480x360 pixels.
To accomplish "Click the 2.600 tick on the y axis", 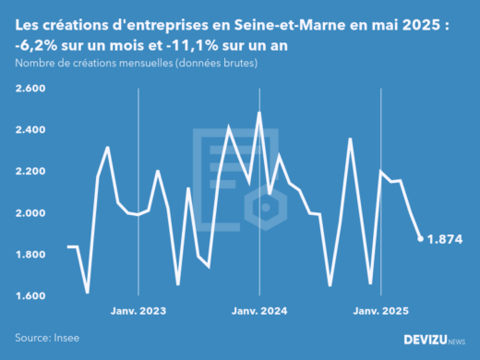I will [32, 89].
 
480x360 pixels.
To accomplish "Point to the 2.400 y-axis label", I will [32, 130].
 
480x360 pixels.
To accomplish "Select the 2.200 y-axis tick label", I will [32, 172].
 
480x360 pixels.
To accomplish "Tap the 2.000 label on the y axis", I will [32, 213].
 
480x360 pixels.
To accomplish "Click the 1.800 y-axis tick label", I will [32, 255].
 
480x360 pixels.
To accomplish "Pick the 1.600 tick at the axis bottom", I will [32, 296].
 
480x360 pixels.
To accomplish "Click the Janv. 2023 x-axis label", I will [138, 311].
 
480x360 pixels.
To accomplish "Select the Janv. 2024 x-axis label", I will [258, 311].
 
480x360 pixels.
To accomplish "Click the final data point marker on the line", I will [421, 239].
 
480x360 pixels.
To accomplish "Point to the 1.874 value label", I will [444, 239].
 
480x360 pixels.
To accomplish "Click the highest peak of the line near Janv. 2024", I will [258, 113].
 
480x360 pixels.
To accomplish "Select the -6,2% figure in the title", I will [40, 47].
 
